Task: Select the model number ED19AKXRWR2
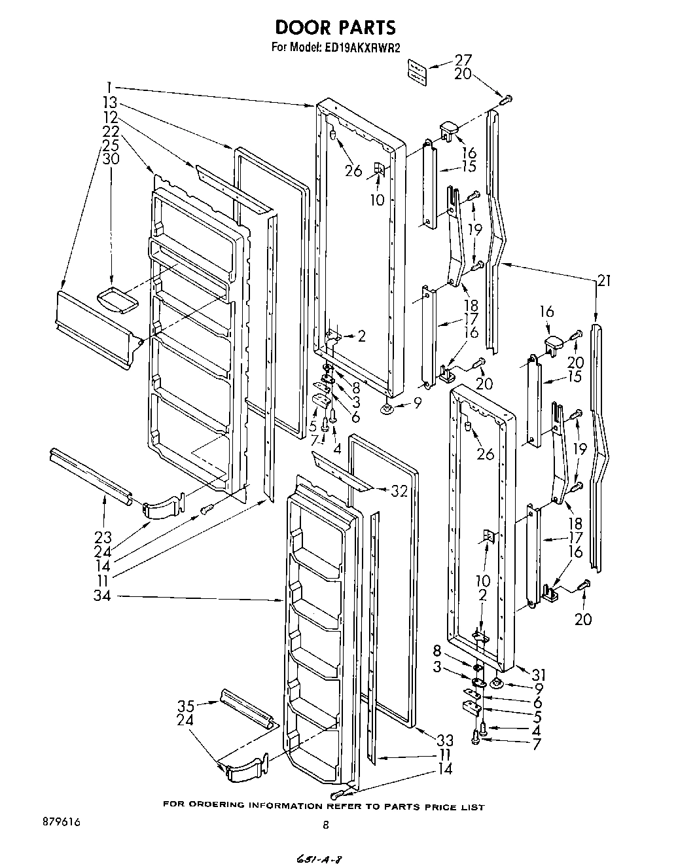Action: point(362,47)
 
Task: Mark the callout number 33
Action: point(444,740)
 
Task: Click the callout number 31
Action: point(538,674)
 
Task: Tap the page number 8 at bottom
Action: point(325,826)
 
